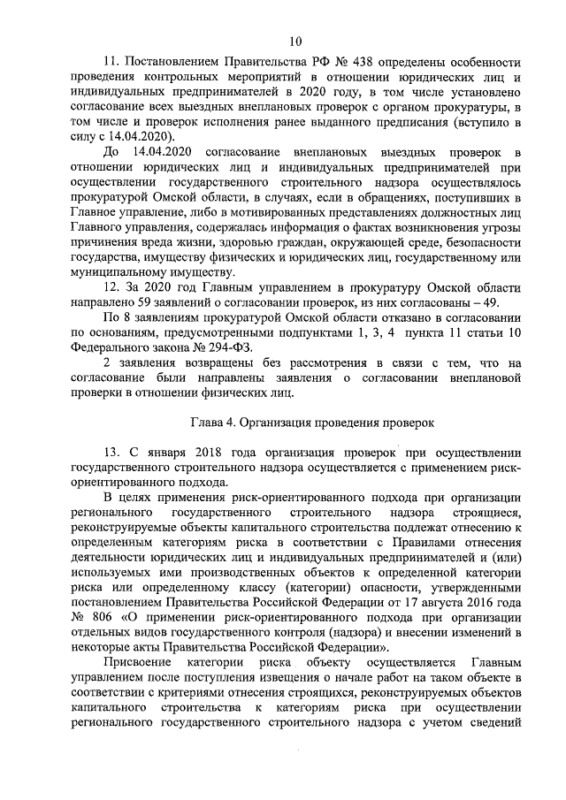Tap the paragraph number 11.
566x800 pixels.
pyautogui.click(x=111, y=62)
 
